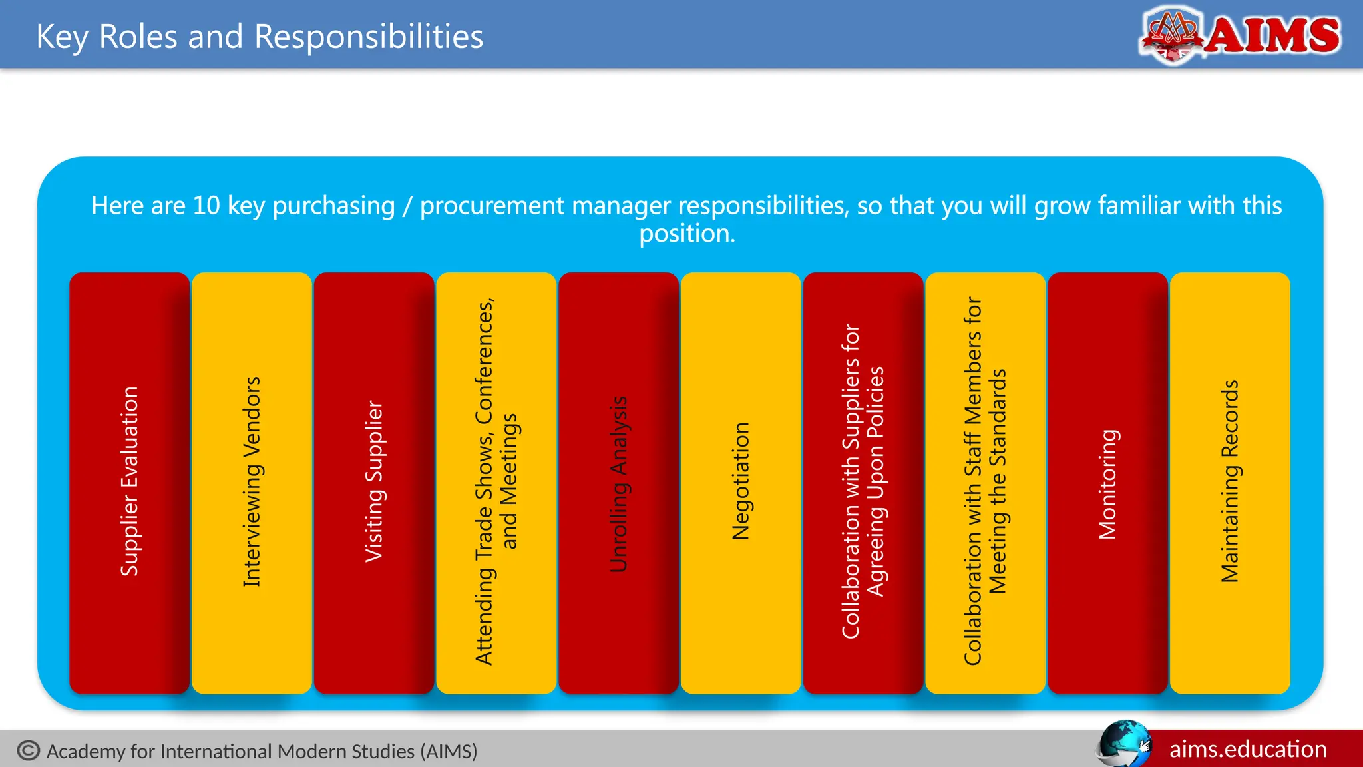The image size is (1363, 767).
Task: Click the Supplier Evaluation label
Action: (129, 481)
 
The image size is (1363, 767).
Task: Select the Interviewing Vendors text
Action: (252, 481)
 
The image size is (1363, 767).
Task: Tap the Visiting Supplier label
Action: (374, 481)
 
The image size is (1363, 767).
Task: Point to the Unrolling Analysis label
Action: (618, 484)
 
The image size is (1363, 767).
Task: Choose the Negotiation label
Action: (741, 481)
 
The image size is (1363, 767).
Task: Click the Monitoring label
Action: (1107, 484)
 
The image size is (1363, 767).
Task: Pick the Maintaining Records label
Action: (1230, 481)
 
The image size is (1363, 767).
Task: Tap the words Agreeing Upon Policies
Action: (876, 481)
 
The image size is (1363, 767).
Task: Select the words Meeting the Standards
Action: (998, 481)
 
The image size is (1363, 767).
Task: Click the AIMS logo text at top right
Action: (1272, 35)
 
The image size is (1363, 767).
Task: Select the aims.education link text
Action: (1248, 750)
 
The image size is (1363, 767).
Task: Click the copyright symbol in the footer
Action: (29, 751)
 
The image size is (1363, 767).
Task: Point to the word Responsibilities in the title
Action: (369, 37)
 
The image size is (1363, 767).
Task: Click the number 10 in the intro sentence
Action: (206, 206)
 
